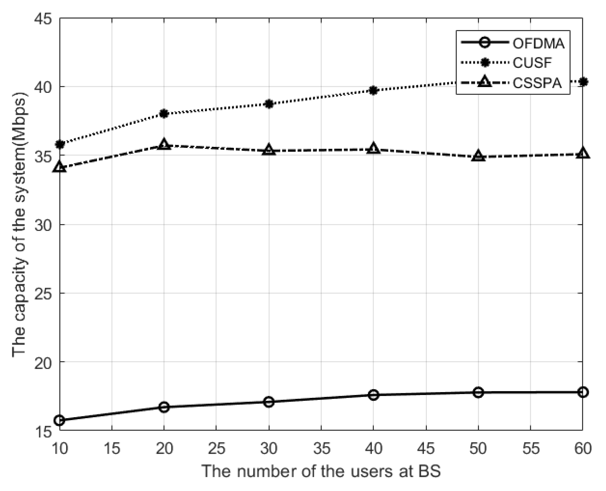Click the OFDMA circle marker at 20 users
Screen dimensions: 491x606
[x=164, y=407]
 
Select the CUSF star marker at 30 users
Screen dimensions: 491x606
[x=269, y=104]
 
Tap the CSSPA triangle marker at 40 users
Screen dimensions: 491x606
[x=373, y=149]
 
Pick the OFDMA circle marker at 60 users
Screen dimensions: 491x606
[x=583, y=392]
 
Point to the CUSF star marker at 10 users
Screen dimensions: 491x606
[x=60, y=144]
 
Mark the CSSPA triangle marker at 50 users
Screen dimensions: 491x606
[x=478, y=156]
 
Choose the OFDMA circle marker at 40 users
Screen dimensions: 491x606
[x=373, y=395]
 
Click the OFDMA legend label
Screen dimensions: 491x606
[x=539, y=44]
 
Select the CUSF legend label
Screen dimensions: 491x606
[x=532, y=63]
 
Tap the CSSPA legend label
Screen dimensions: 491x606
[x=537, y=83]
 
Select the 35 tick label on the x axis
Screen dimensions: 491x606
[x=321, y=449]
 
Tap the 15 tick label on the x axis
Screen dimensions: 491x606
[x=112, y=449]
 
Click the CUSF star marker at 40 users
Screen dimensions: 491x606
[x=373, y=90]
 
